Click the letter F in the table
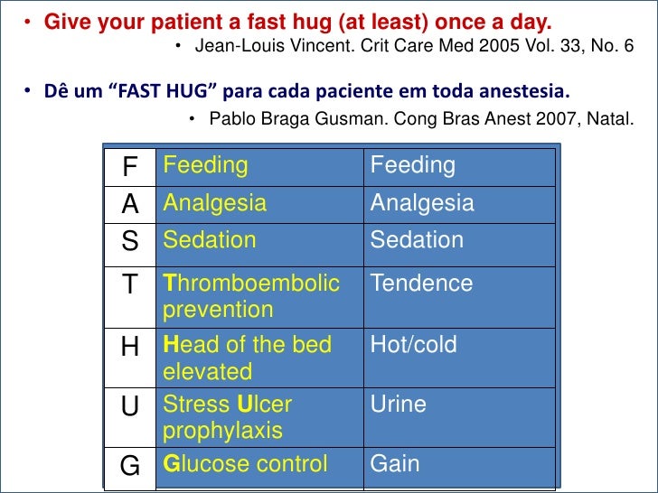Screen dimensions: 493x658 131,167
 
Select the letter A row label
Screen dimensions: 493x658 131,205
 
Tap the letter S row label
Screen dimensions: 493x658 131,242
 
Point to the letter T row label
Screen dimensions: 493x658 131,285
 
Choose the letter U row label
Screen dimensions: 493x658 131,407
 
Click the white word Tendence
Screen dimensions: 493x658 421,284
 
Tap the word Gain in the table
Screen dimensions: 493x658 395,464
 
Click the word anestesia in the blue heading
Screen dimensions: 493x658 525,92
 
